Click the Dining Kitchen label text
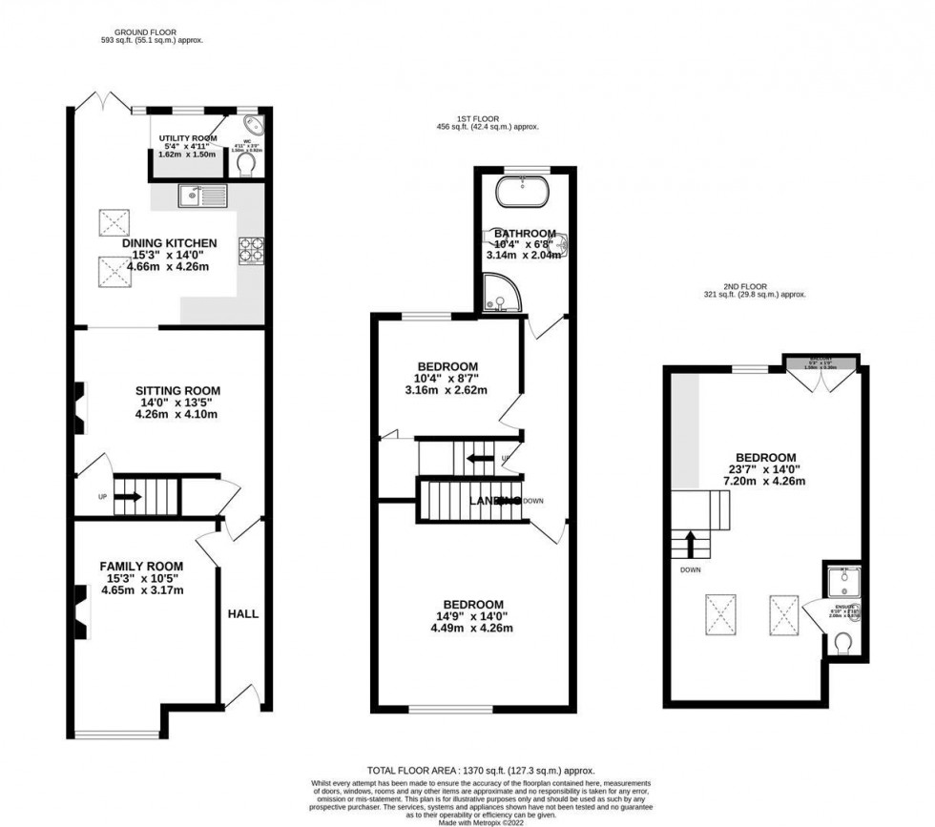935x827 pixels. pyautogui.click(x=169, y=243)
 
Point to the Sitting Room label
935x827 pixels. pyautogui.click(x=177, y=390)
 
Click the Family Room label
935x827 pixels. pyautogui.click(x=141, y=567)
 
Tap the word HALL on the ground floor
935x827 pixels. pyautogui.click(x=242, y=613)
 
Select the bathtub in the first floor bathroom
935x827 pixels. pyautogui.click(x=524, y=192)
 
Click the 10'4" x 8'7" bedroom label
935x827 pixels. pyautogui.click(x=447, y=366)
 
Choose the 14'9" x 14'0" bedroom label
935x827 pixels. pyautogui.click(x=472, y=604)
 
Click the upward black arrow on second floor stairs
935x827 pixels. pyautogui.click(x=689, y=544)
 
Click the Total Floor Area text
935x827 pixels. pyautogui.click(x=481, y=770)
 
